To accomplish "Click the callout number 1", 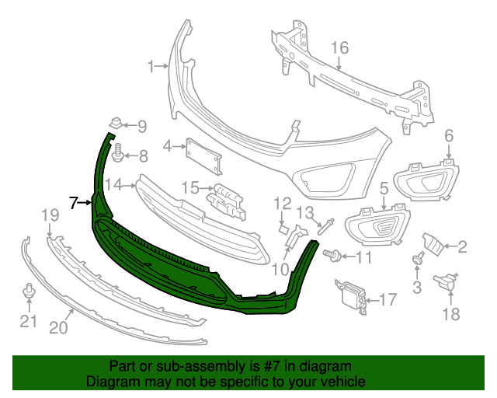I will click(x=151, y=67).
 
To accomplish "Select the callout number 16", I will click(x=340, y=48).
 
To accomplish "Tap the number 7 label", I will click(x=74, y=203).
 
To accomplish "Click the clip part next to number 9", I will click(x=114, y=123).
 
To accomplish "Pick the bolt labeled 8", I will click(x=118, y=152).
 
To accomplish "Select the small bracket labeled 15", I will click(x=226, y=198).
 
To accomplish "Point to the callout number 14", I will click(x=114, y=184).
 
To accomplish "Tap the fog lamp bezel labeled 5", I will click(x=376, y=226).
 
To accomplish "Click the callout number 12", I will click(x=281, y=204).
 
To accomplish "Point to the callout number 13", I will click(x=305, y=211).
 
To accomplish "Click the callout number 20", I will click(x=58, y=328).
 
